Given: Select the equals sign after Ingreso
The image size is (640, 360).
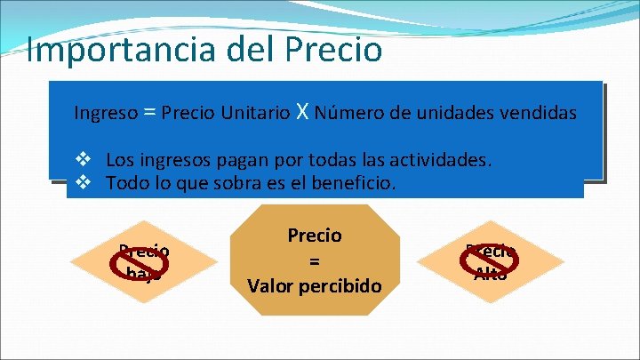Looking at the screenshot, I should pyautogui.click(x=150, y=113).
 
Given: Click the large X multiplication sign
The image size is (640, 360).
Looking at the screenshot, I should pyautogui.click(x=303, y=112).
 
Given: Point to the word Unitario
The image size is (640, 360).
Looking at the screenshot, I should pyautogui.click(x=258, y=114).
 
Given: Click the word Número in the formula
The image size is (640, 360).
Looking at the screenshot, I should pyautogui.click(x=349, y=114).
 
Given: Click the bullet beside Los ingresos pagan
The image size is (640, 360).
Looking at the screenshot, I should pyautogui.click(x=84, y=161).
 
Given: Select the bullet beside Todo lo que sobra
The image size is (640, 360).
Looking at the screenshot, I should pyautogui.click(x=84, y=183).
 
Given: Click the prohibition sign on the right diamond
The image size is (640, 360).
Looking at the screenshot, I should pyautogui.click(x=480, y=260).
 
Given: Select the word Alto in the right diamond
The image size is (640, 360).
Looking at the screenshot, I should pyautogui.click(x=491, y=274).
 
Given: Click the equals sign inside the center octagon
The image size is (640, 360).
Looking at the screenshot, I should pyautogui.click(x=314, y=261).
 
